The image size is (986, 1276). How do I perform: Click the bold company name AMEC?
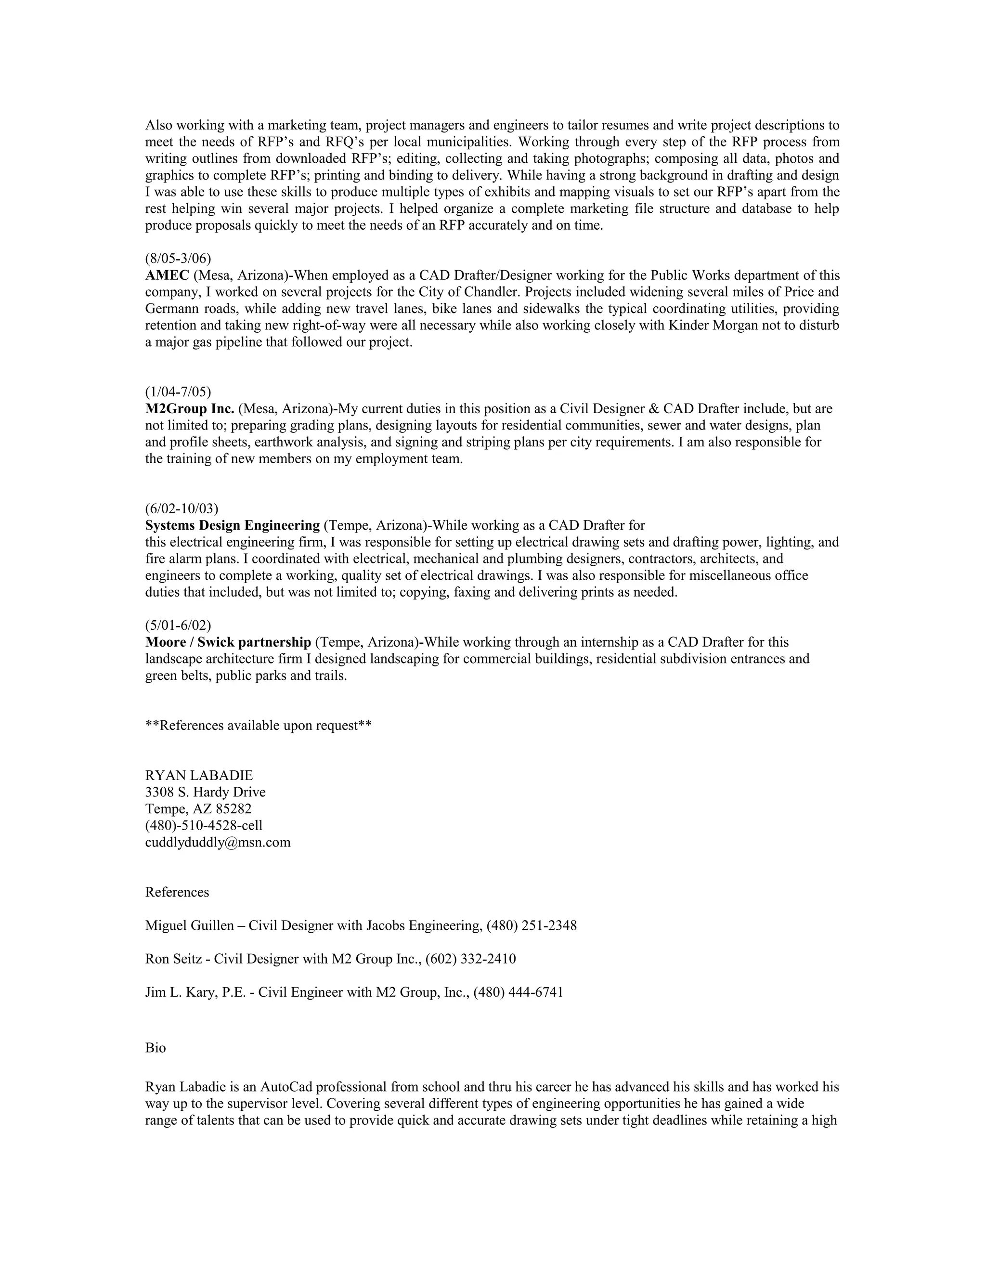167,275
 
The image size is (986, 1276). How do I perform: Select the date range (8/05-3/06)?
178,258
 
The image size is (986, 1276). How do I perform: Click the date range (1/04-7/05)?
178,391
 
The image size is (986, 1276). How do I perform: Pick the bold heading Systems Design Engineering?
233,525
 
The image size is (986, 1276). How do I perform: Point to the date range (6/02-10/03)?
182,508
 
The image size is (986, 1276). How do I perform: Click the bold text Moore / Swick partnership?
228,642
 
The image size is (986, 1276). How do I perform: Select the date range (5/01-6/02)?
178,625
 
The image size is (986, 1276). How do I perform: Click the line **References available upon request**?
258,726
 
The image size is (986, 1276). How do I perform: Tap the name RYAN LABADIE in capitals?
199,775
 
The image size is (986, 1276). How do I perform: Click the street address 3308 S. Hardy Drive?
205,792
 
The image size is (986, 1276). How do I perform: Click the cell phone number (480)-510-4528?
192,825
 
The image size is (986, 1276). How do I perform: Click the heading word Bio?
156,1048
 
